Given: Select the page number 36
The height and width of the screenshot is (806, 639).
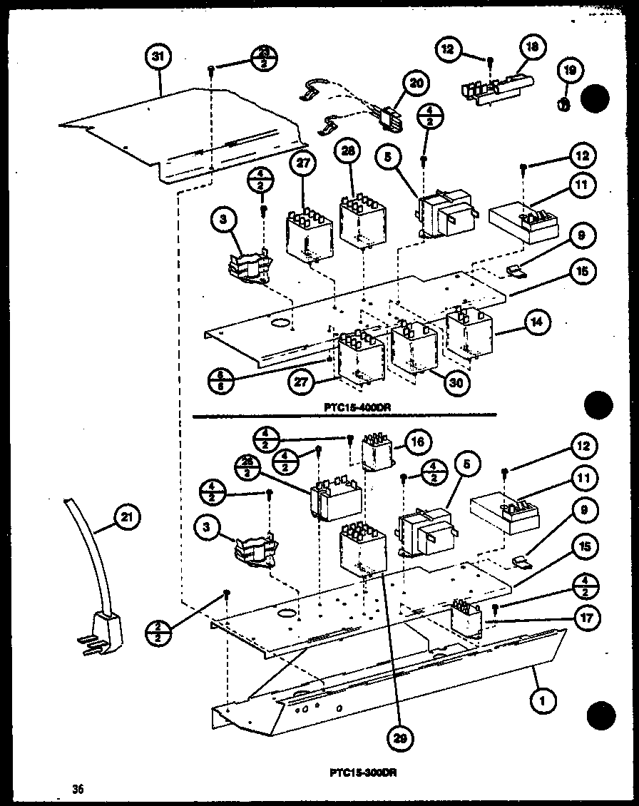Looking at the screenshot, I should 78,788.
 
